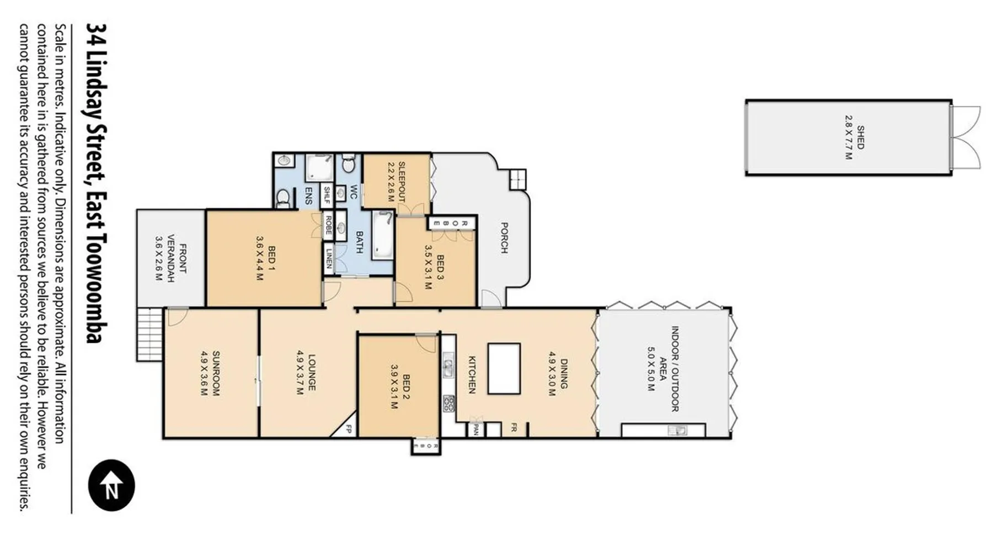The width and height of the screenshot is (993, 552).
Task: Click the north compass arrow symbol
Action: coord(111,485)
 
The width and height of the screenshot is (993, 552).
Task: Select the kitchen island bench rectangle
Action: coord(504,368)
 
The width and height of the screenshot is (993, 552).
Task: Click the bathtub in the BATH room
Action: coord(383,234)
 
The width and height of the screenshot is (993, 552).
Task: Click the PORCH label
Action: coord(504,237)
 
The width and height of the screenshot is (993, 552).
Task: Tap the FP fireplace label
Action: coord(349,429)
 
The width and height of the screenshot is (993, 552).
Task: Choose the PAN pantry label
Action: coord(474,429)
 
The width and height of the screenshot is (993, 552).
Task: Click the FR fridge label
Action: coord(513,427)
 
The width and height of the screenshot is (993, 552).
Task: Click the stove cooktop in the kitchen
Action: coord(449,404)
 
